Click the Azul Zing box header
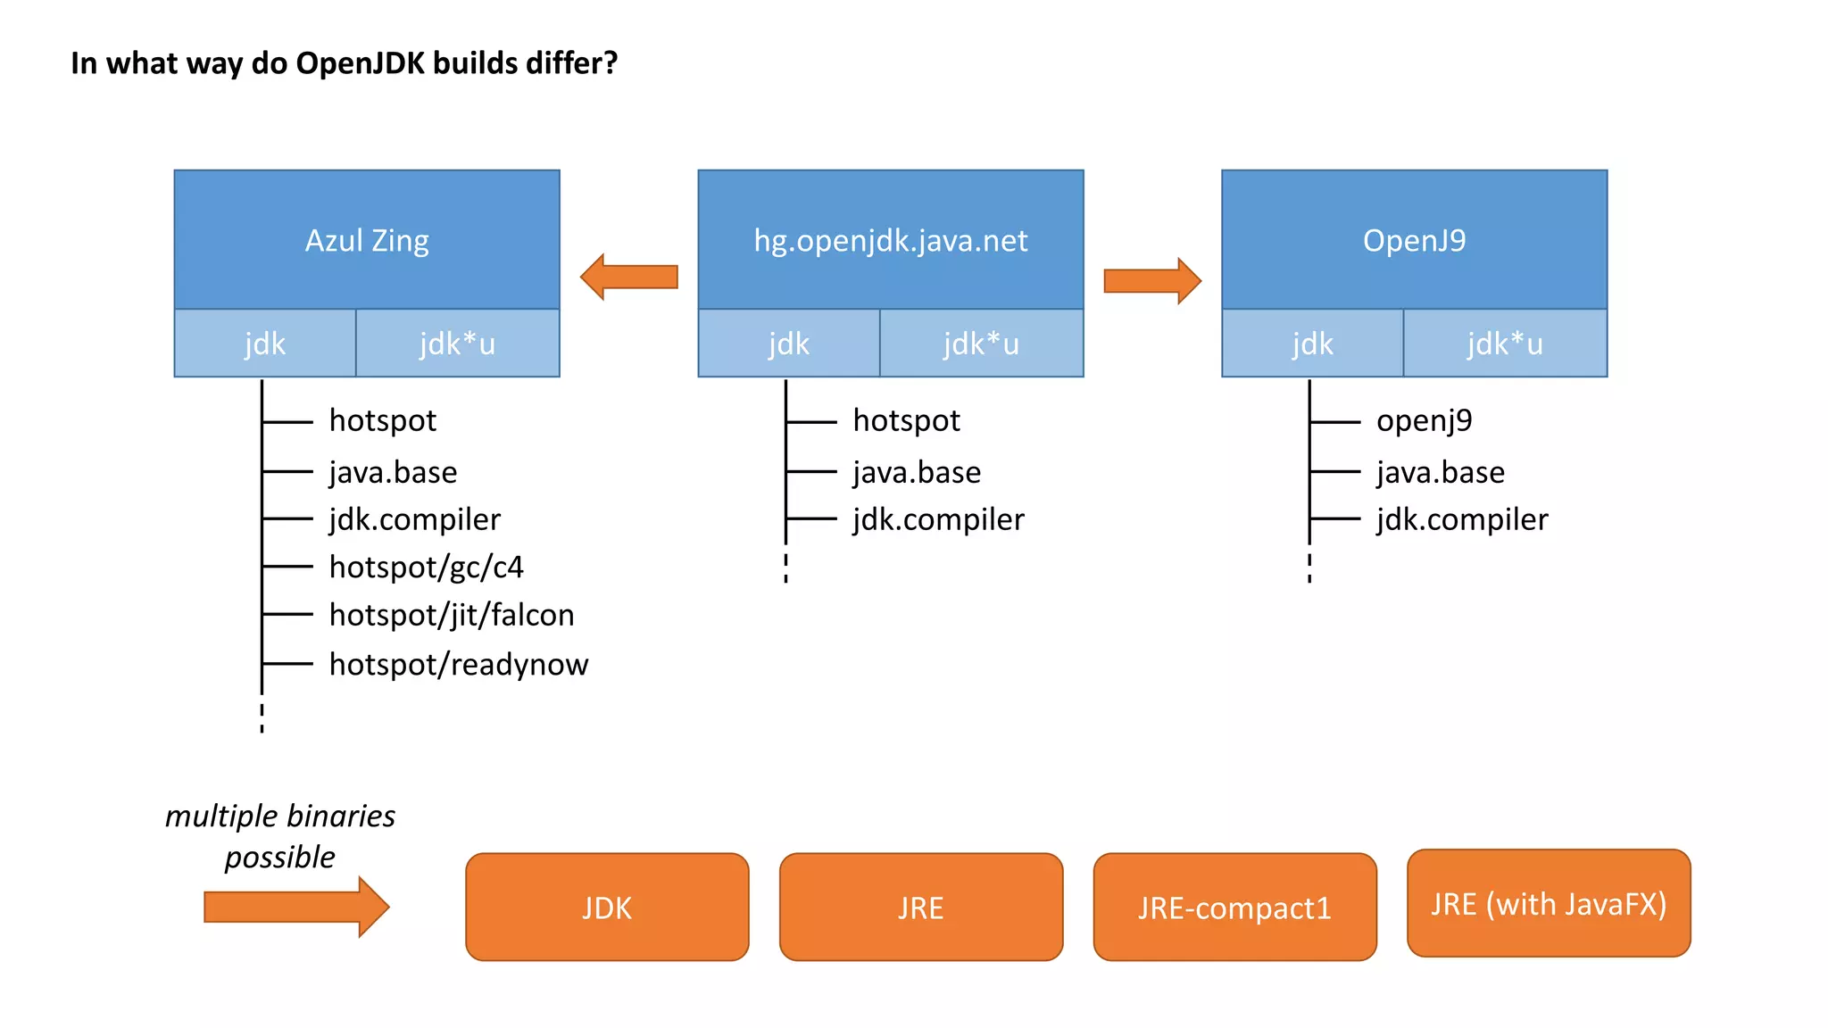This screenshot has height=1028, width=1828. click(x=367, y=240)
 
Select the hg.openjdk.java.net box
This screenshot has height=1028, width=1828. click(x=890, y=240)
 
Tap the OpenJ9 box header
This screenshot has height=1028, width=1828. click(x=1414, y=240)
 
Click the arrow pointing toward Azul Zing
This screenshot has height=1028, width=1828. click(x=628, y=277)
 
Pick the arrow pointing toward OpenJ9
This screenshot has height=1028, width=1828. click(x=1152, y=280)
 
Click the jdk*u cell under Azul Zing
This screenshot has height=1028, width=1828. click(x=457, y=344)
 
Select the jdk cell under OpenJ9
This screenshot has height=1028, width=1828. click(x=1312, y=344)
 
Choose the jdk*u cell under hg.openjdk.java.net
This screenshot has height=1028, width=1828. click(x=981, y=344)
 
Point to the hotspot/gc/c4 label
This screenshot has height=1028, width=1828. click(x=426, y=567)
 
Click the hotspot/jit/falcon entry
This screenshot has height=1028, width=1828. click(x=451, y=615)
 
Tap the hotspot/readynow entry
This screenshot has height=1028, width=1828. click(x=458, y=664)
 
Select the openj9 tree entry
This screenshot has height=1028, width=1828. click(x=1424, y=419)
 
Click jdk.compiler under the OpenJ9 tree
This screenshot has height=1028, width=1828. click(x=1461, y=519)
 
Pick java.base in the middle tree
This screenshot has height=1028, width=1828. click(x=916, y=472)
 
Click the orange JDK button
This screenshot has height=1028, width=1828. click(x=607, y=907)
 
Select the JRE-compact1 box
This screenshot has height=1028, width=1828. click(x=1234, y=907)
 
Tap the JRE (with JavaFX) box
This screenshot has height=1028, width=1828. click(x=1549, y=903)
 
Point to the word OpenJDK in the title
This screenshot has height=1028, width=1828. click(x=360, y=63)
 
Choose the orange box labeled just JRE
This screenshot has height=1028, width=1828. click(x=920, y=907)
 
